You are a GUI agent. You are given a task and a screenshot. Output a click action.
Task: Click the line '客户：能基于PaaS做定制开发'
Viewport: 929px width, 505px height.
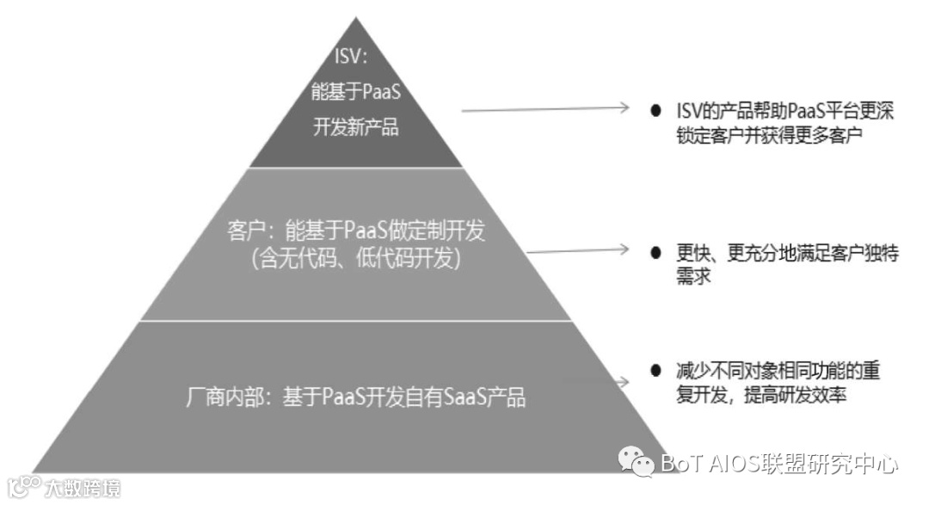click(355, 231)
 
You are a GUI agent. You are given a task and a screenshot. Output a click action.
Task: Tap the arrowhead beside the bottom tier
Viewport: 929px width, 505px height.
click(624, 380)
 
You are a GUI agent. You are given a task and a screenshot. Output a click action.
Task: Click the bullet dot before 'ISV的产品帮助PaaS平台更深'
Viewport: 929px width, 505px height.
click(656, 112)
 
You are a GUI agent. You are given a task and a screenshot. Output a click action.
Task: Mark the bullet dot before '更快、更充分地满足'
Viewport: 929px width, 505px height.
click(656, 255)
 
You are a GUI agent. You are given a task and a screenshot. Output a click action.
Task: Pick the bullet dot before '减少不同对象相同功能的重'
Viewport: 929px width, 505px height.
click(656, 372)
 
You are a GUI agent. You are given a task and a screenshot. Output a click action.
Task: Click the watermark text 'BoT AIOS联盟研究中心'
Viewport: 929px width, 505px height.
click(779, 465)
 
